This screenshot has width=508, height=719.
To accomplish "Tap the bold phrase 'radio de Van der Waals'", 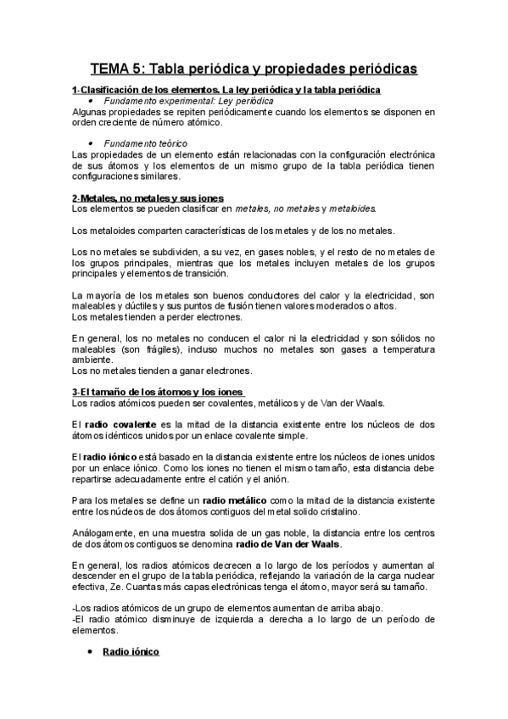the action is [290, 543].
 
